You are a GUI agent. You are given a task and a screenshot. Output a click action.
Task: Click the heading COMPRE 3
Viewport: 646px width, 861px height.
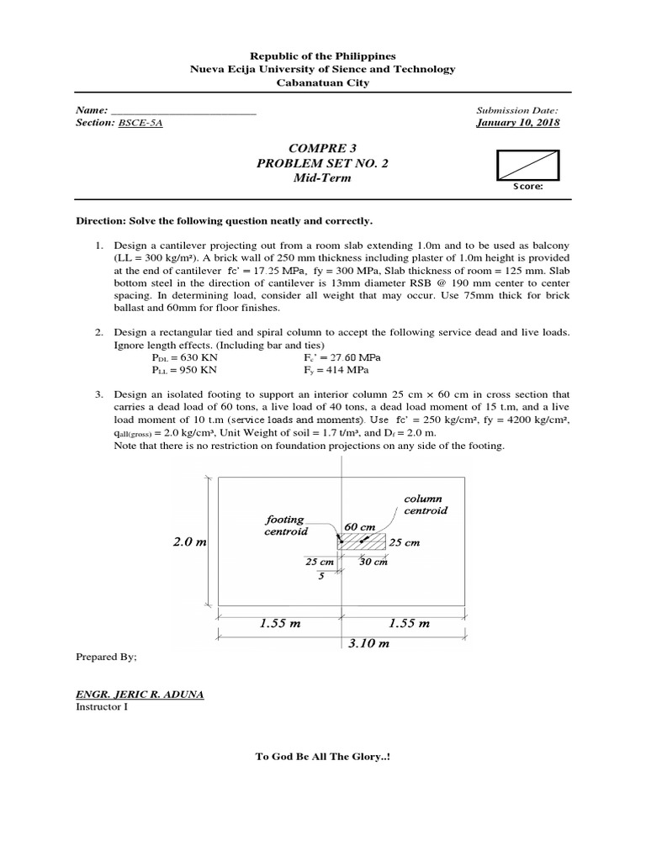point(323,148)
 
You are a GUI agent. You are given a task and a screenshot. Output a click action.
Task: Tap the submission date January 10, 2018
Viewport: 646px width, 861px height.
point(517,123)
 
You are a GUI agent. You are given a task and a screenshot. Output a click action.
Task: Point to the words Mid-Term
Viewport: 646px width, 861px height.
point(323,178)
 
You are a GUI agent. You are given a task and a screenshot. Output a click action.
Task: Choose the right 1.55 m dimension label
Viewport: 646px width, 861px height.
point(408,624)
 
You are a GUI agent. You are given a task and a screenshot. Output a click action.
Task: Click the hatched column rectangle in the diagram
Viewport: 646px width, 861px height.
point(361,541)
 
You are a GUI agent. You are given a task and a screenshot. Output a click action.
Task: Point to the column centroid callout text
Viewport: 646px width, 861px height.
point(426,504)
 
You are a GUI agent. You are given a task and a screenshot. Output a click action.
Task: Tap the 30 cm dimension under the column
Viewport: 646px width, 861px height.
point(373,562)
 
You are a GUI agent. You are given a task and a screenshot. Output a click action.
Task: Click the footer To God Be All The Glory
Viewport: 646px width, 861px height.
point(323,756)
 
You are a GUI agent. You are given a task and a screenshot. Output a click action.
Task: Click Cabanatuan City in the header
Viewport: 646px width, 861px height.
point(323,82)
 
